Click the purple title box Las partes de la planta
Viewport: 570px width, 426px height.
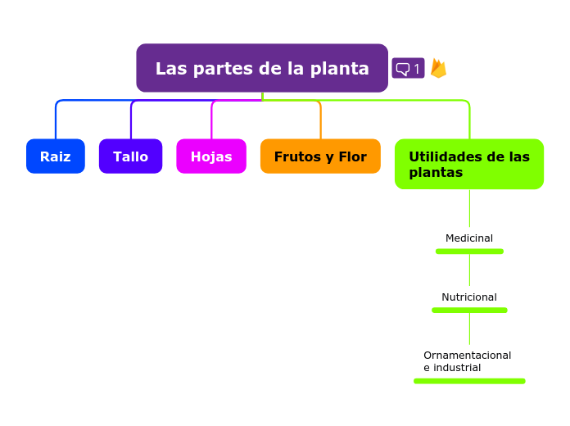[261, 68]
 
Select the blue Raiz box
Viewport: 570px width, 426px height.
[55, 156]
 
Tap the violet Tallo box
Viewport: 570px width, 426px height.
[130, 156]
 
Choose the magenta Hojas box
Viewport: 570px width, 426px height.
[211, 156]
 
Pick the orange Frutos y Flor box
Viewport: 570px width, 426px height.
[320, 156]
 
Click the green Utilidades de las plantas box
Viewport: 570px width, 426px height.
[468, 165]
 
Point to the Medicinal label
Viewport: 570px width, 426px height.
[469, 238]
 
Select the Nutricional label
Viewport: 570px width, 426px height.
[469, 297]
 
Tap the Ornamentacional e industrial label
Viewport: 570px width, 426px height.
[467, 361]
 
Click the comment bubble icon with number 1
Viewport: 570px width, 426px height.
[408, 69]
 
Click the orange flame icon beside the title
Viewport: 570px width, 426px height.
[438, 68]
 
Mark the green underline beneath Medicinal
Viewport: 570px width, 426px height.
[469, 252]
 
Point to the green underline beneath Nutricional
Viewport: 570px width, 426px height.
[469, 310]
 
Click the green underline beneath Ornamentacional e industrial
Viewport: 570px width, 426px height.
[469, 381]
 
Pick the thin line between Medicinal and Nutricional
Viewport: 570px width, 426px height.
[469, 270]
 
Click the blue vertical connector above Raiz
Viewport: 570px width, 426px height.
[56, 123]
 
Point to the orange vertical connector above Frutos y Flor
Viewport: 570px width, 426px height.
[320, 123]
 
